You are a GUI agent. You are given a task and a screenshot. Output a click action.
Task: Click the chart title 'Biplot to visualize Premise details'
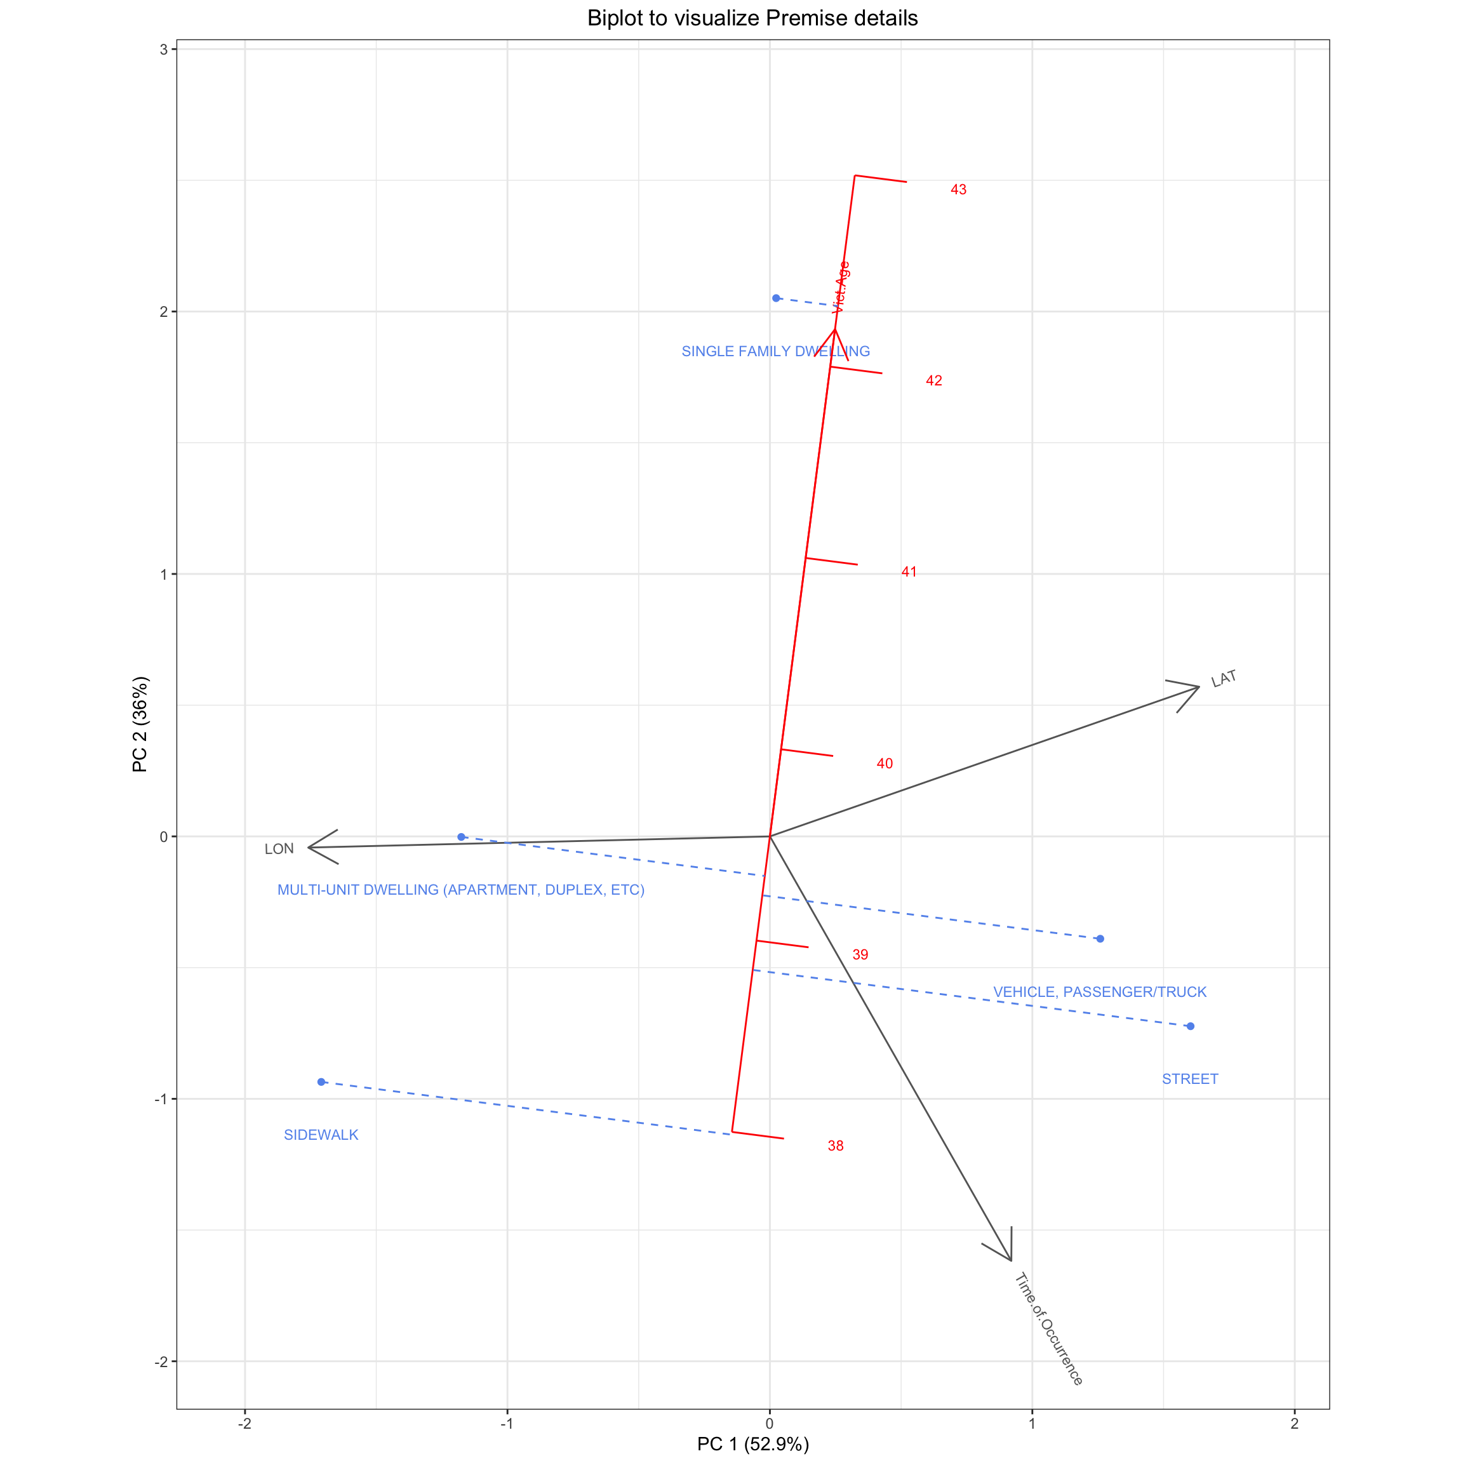coord(752,18)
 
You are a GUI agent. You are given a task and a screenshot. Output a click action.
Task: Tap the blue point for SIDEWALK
coord(321,1082)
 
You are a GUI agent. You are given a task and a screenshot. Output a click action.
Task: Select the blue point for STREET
coord(1191,1026)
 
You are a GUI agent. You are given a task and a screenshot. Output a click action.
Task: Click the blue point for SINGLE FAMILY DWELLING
coord(776,298)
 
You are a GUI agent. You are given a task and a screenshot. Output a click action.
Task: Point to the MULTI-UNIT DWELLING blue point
coord(461,837)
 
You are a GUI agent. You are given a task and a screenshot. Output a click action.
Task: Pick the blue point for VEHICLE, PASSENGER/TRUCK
coord(1100,939)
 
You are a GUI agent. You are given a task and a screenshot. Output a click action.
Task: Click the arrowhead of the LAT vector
coord(1199,687)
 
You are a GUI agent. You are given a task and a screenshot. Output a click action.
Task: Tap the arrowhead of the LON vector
coord(309,847)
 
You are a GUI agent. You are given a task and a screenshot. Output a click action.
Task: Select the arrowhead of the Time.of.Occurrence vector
coord(1011,1260)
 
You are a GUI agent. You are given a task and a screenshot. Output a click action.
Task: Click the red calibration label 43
coord(959,189)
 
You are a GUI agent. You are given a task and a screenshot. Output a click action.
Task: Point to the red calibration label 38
coord(835,1146)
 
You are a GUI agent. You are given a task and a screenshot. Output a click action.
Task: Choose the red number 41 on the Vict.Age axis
coord(909,571)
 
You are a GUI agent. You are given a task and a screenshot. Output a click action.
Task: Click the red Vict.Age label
coord(841,288)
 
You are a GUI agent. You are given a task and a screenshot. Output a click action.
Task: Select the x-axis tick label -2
coord(244,1424)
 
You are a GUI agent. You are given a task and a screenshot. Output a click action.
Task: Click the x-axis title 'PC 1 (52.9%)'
coord(752,1444)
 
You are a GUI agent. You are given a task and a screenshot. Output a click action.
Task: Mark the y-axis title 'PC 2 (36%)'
coord(140,725)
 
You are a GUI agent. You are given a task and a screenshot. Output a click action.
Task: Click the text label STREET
coord(1189,1079)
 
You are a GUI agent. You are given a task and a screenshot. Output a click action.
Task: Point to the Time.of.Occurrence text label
coord(1049,1329)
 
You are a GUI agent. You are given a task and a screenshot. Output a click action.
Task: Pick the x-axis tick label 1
coord(1032,1424)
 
